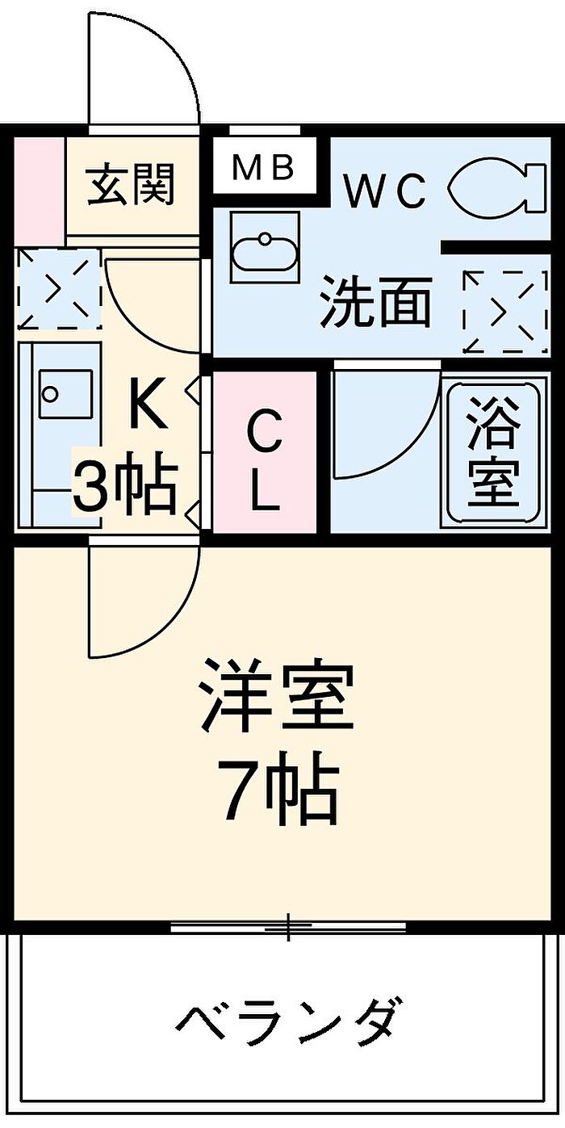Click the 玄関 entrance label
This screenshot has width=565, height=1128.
pyautogui.click(x=131, y=184)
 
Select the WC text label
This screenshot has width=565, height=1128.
pyautogui.click(x=385, y=192)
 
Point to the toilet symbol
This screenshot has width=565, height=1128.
pyautogui.click(x=496, y=186)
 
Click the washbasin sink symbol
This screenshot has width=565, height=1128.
pyautogui.click(x=265, y=247)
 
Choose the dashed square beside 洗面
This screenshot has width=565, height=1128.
pyautogui.click(x=505, y=312)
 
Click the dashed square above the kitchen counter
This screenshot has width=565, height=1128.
pyautogui.click(x=60, y=288)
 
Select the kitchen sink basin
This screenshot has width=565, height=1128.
pyautogui.click(x=65, y=394)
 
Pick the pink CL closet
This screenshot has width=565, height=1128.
pyautogui.click(x=265, y=451)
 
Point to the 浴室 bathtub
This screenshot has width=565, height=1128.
pyautogui.click(x=493, y=451)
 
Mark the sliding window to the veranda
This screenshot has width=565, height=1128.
pyautogui.click(x=288, y=927)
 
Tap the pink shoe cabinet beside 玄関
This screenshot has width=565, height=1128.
pyautogui.click(x=40, y=191)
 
